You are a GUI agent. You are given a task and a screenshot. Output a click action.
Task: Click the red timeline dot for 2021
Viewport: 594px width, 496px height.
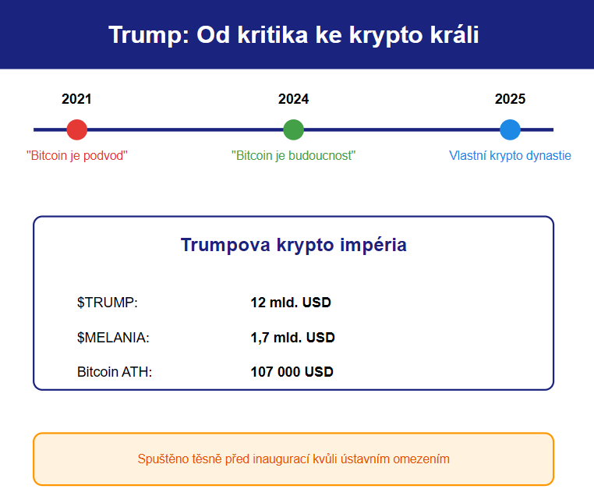77,129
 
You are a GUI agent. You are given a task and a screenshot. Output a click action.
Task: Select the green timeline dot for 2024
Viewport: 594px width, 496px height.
294,129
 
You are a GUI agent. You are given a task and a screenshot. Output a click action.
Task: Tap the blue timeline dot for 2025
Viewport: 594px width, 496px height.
510,129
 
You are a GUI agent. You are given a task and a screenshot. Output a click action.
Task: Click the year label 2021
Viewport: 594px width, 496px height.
76,99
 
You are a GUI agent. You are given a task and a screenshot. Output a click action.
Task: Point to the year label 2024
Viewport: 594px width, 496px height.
294,99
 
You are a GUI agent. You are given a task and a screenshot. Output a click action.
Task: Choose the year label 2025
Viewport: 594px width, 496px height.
510,99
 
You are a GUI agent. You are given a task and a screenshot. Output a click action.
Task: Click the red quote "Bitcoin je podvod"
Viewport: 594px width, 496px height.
77,156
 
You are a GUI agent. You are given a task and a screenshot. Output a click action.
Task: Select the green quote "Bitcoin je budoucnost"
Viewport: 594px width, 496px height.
294,156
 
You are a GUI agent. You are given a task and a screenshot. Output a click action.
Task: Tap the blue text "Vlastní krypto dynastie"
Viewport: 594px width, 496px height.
510,156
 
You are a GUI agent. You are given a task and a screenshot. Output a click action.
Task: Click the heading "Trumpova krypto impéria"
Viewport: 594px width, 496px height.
294,245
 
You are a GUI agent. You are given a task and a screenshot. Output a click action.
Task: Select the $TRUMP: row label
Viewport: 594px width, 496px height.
108,303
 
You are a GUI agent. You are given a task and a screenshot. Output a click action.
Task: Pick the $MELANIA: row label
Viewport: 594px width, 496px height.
113,337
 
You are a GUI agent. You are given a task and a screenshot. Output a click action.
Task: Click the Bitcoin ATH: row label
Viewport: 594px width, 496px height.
115,372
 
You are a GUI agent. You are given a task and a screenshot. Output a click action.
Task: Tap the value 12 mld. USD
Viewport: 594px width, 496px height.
291,303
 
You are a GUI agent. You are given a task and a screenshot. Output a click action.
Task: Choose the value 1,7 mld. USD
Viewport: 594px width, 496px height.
293,337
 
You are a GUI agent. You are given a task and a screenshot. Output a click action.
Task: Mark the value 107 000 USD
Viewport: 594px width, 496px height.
292,372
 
